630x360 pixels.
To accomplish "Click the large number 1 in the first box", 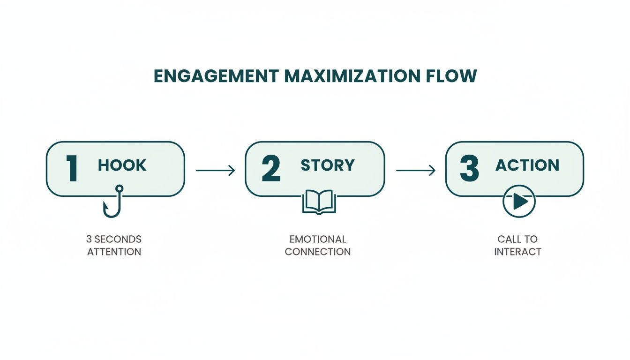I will [x=72, y=169].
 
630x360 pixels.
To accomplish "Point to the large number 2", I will [x=271, y=169].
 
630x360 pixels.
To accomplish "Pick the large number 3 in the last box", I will [x=469, y=169].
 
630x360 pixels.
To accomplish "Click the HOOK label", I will [x=122, y=165].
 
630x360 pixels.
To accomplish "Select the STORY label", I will [x=328, y=165].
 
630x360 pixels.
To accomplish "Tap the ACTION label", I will [x=527, y=165].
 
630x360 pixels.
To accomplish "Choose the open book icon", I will [x=319, y=202].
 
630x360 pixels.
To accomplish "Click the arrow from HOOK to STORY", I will [x=215, y=170].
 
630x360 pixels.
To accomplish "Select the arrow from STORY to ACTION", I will [x=415, y=170].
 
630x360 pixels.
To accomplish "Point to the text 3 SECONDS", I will [x=114, y=239].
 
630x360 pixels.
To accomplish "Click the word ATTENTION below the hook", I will [x=114, y=252].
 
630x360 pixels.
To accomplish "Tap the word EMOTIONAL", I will [x=317, y=239].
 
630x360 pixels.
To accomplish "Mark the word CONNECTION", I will [x=317, y=252].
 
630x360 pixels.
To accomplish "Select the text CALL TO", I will [x=517, y=239].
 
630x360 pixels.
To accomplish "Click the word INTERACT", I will [x=517, y=252].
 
